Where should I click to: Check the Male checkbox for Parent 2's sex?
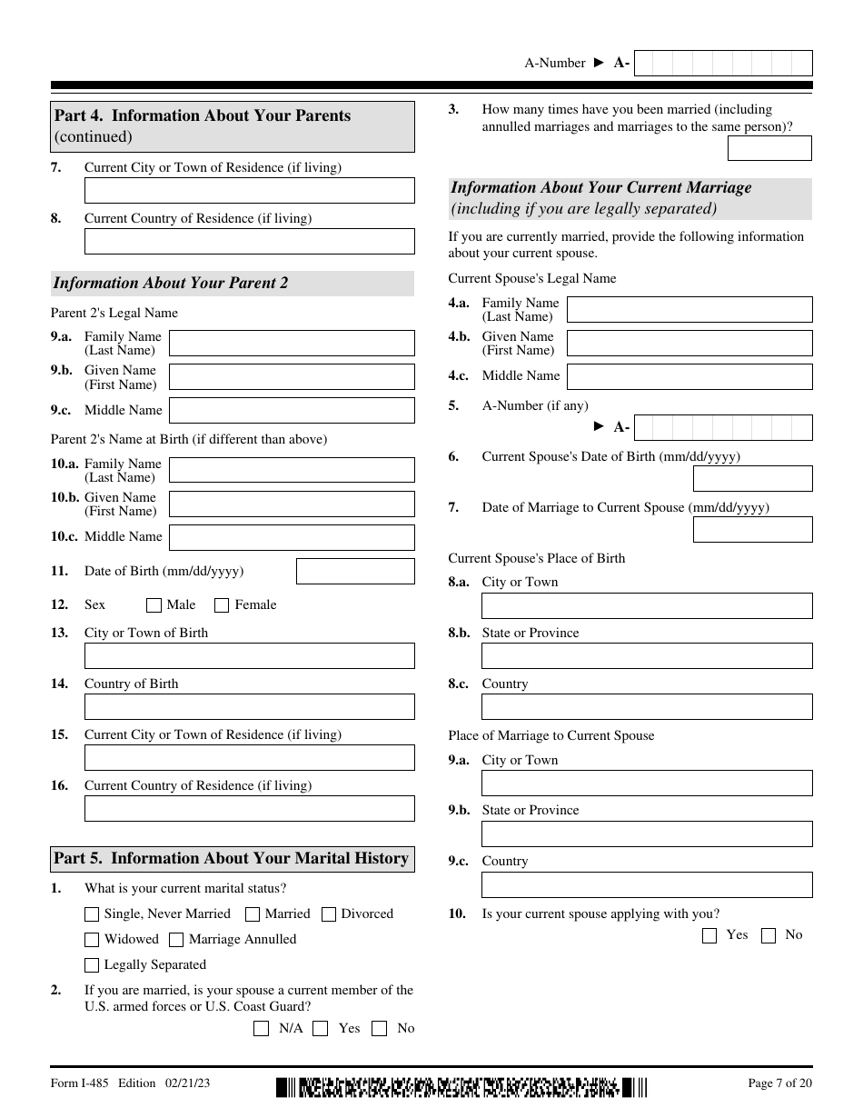pos(154,605)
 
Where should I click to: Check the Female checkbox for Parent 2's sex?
pos(222,605)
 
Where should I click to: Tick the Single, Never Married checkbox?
pos(92,914)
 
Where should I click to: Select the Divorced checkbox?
pos(329,914)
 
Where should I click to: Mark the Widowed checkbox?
pos(92,940)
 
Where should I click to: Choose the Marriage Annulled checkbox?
pos(176,940)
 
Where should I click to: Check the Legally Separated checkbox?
pos(92,965)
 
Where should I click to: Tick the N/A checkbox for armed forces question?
pos(262,1029)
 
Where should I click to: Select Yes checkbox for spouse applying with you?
pos(709,935)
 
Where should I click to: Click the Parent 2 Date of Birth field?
pos(355,572)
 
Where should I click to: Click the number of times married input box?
pos(769,148)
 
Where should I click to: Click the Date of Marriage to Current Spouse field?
pos(752,530)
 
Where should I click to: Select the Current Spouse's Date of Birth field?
pos(752,479)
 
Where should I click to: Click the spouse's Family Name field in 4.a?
pos(689,310)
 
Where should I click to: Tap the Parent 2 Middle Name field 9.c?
pos(292,411)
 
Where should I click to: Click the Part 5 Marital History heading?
pos(232,859)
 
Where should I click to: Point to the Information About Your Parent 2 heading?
pos(171,284)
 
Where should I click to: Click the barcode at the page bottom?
pos(462,1086)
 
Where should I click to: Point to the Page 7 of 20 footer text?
pos(779,1083)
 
